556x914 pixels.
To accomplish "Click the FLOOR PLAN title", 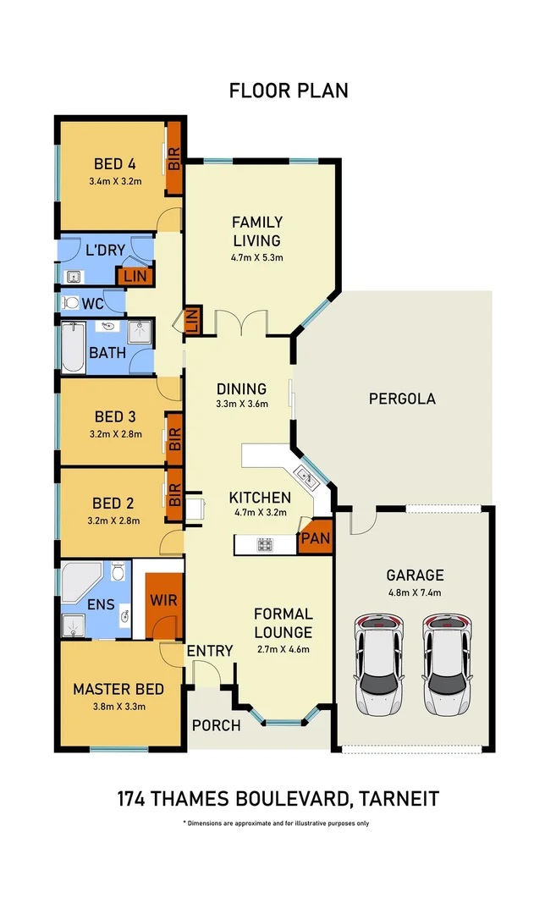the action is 289,91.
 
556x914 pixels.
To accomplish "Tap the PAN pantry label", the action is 316,538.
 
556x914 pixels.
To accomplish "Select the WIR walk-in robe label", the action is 163,600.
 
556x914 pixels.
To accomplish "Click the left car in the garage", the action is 379,664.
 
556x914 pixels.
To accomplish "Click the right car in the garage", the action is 447,664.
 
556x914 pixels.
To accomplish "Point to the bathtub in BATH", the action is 74,348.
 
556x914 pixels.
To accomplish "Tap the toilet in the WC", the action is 70,302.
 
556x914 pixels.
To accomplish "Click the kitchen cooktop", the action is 265,545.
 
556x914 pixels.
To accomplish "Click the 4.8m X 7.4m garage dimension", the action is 415,592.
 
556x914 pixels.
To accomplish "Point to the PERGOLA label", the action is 402,399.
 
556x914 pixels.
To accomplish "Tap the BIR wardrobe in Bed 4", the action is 174,158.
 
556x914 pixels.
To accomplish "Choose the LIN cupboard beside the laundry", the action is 135,276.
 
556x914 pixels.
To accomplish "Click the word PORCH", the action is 217,726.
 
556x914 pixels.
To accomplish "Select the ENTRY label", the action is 210,651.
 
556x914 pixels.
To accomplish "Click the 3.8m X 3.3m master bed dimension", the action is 118,707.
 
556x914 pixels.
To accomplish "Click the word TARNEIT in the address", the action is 399,799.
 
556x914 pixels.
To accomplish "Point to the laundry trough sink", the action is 74,276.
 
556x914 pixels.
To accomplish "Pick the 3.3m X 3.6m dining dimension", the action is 242,404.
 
